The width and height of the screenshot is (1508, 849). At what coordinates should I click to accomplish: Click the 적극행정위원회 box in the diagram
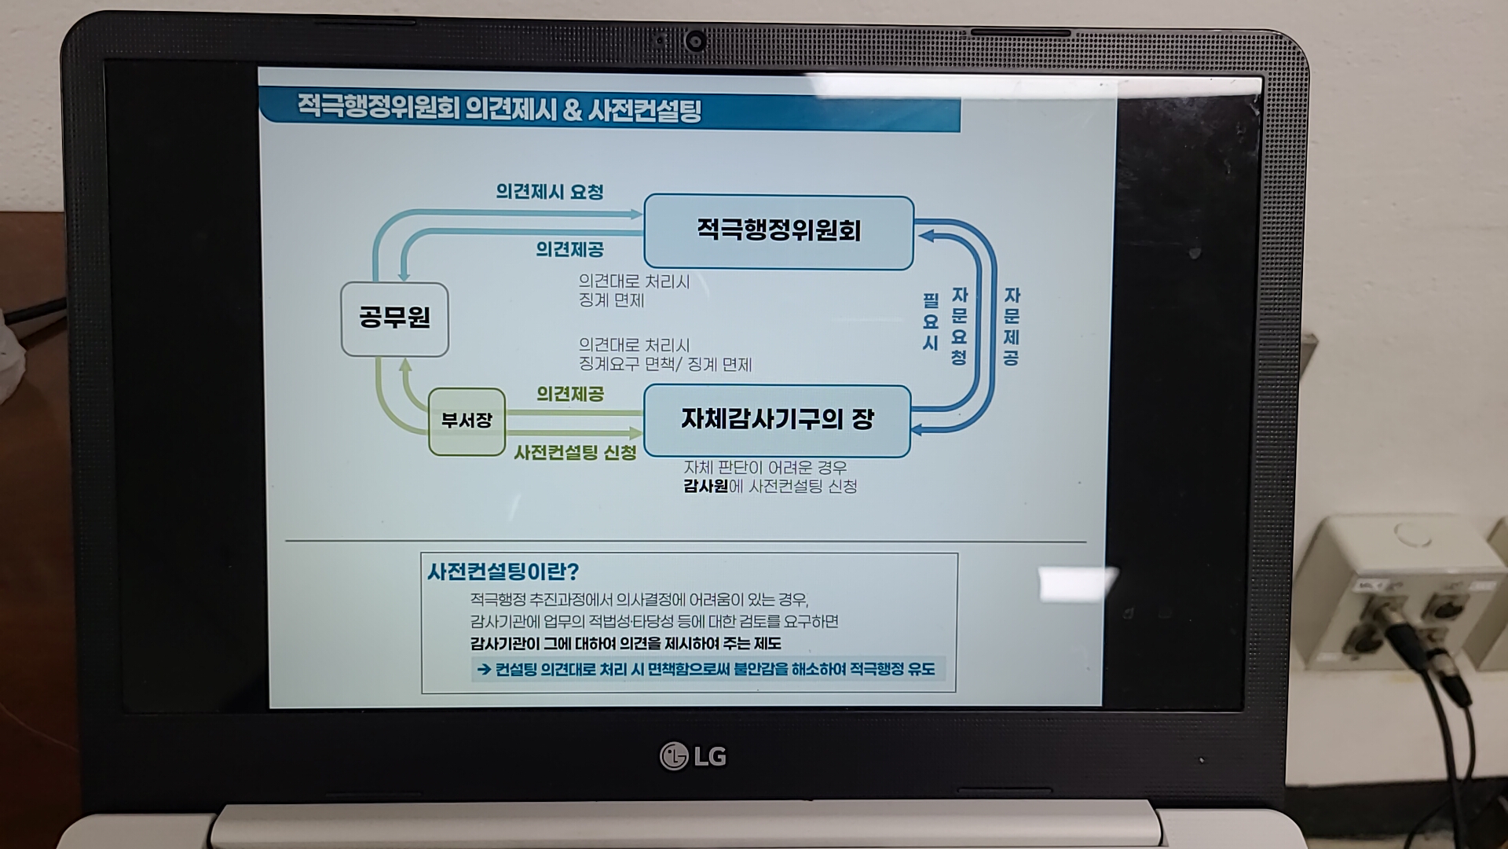[x=778, y=232]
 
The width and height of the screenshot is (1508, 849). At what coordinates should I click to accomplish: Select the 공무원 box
[x=394, y=318]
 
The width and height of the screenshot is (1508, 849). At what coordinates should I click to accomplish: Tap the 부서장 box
[x=467, y=421]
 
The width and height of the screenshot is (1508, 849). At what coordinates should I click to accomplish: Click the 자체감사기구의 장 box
[x=777, y=420]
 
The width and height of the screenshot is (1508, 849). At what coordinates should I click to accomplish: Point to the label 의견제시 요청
[x=549, y=192]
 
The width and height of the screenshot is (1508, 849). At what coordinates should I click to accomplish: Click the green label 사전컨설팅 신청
[x=575, y=453]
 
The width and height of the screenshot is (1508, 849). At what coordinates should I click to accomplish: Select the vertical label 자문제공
[x=1012, y=326]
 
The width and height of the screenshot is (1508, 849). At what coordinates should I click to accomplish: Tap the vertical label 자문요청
[x=959, y=326]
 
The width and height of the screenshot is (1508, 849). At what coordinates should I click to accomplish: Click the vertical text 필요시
[x=931, y=322]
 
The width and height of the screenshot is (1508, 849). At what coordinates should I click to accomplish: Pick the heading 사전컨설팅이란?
[x=503, y=572]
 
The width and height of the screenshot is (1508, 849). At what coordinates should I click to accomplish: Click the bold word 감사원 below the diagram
[x=705, y=486]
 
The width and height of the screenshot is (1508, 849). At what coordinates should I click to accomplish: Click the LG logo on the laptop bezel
[x=693, y=756]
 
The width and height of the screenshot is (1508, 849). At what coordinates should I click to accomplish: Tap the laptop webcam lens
[x=694, y=40]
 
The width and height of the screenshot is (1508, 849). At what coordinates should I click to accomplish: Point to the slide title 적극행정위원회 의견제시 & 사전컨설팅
[x=499, y=108]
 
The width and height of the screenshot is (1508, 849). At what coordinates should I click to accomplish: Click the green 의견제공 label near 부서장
[x=570, y=394]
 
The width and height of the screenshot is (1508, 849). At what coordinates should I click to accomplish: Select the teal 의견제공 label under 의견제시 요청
[x=569, y=250]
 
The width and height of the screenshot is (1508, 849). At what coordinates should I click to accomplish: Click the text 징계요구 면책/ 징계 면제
[x=665, y=365]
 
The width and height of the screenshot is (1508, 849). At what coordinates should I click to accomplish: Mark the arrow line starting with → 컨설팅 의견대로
[x=706, y=670]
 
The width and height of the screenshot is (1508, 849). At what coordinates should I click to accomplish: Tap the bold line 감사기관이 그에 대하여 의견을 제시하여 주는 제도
[x=625, y=644]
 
